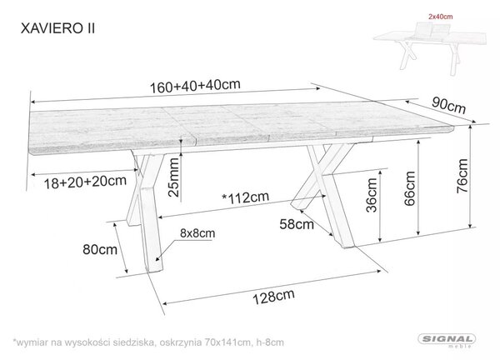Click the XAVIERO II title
click(57, 28)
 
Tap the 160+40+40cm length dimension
click(195, 86)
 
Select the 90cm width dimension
click(448, 105)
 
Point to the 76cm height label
click(462, 176)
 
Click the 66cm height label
click(409, 188)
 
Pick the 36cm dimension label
click(372, 195)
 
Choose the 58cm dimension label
click(297, 224)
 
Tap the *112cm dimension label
click(246, 197)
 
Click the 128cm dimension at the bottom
click(273, 297)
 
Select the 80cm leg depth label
click(100, 249)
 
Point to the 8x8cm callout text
click(197, 233)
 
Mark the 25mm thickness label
click(174, 177)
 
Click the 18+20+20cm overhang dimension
click(85, 182)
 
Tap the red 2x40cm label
click(440, 17)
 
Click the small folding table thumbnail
click(430, 48)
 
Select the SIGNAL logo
click(447, 340)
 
